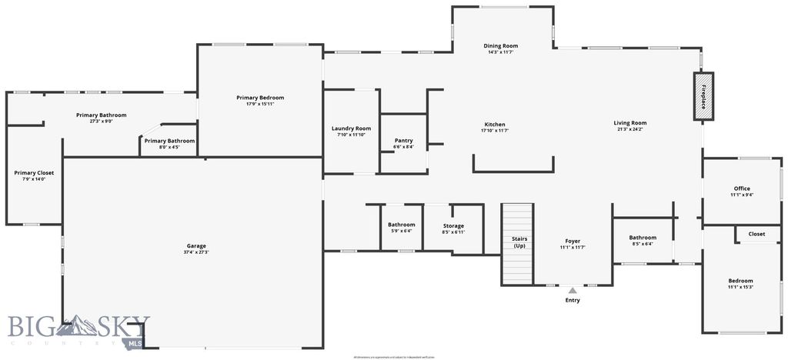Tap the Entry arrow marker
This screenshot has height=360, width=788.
pyautogui.click(x=573, y=290)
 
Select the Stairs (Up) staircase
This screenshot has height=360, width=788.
pyautogui.click(x=518, y=243)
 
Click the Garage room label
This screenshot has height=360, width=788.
pyautogui.click(x=196, y=246)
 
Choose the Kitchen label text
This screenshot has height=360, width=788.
pyautogui.click(x=495, y=125)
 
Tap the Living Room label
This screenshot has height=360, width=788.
pyautogui.click(x=629, y=123)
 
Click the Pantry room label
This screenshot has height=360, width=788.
pyautogui.click(x=403, y=141)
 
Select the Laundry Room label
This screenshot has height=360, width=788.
pyautogui.click(x=351, y=128)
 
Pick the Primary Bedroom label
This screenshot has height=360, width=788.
pyautogui.click(x=260, y=98)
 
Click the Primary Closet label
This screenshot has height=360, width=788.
pyautogui.click(x=35, y=173)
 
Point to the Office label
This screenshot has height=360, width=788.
pyautogui.click(x=742, y=188)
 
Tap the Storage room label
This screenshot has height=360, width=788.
pyautogui.click(x=453, y=225)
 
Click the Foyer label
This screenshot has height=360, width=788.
pyautogui.click(x=573, y=241)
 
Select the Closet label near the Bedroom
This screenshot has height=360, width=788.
pyautogui.click(x=756, y=234)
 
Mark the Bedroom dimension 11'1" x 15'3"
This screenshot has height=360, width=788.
pyautogui.click(x=741, y=287)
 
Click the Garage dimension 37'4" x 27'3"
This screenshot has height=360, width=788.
pyautogui.click(x=196, y=252)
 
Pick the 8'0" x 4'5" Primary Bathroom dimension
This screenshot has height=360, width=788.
pyautogui.click(x=169, y=147)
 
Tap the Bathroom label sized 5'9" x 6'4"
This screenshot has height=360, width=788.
pyautogui.click(x=401, y=225)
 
